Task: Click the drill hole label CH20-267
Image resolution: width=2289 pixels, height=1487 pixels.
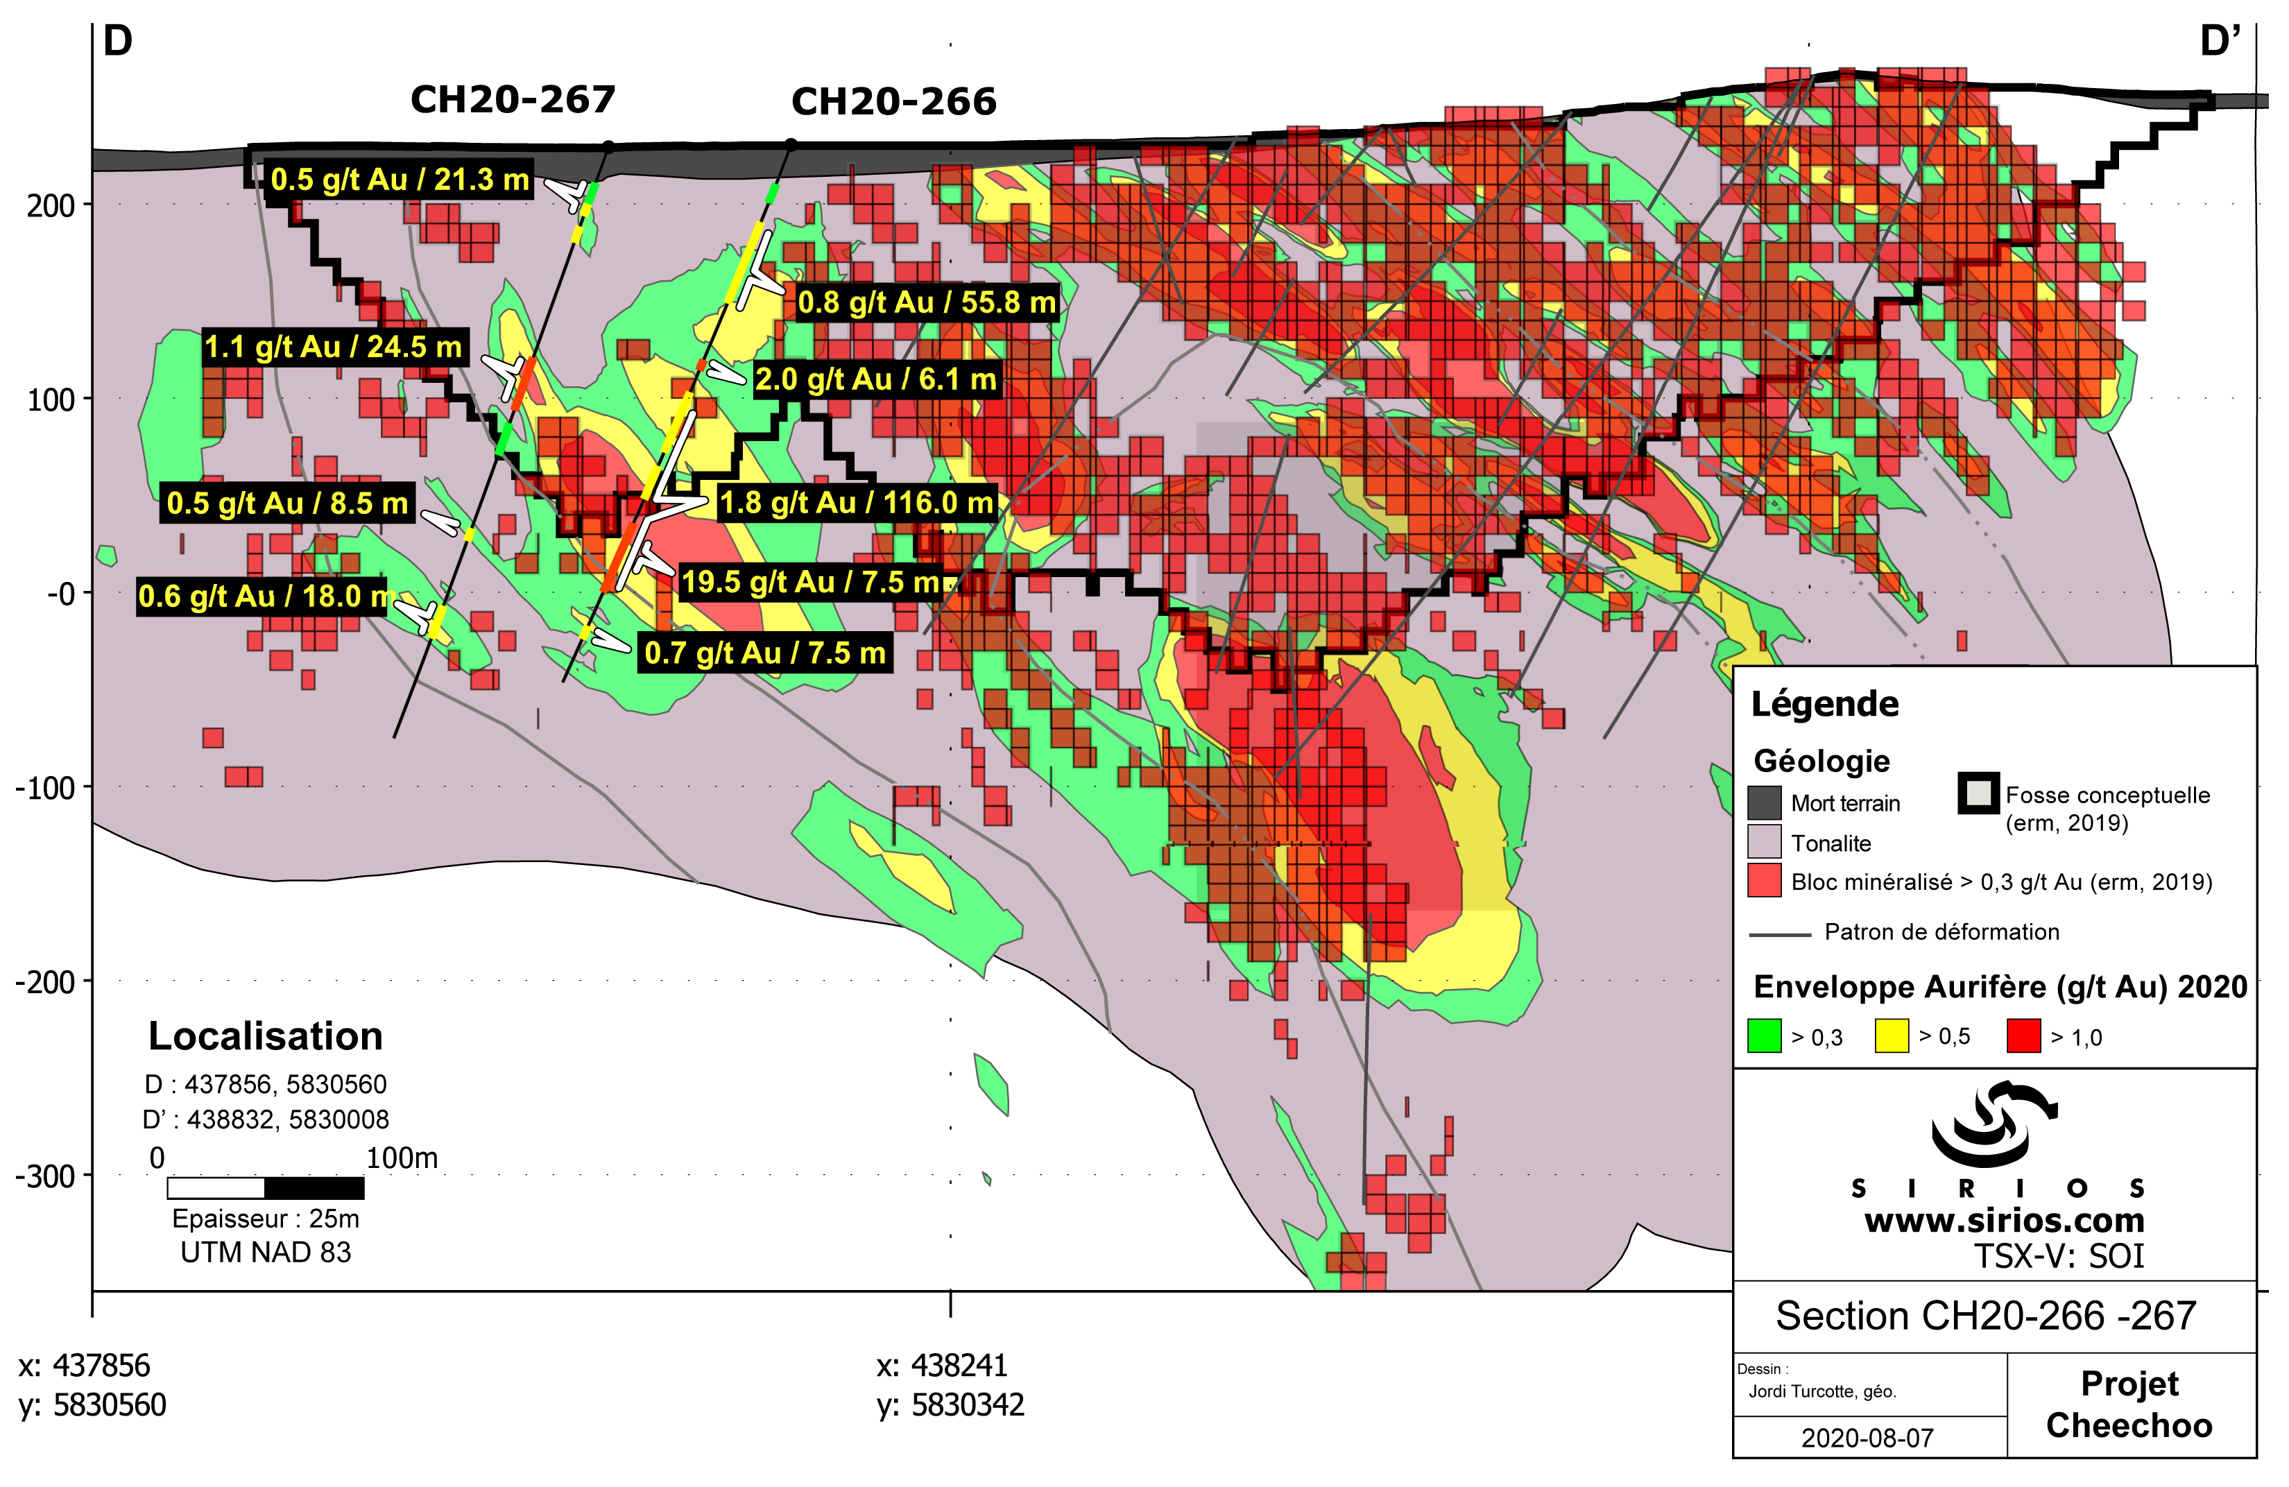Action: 513,100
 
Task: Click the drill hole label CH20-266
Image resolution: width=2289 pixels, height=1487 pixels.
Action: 893,102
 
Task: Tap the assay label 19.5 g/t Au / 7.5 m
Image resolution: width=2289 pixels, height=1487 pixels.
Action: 809,582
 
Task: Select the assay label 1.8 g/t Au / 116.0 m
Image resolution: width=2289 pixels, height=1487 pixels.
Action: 855,502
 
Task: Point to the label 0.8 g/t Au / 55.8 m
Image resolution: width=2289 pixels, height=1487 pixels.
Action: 926,302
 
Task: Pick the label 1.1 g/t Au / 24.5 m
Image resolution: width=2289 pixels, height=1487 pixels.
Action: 333,346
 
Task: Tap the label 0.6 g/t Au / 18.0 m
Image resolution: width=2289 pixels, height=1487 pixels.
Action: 263,596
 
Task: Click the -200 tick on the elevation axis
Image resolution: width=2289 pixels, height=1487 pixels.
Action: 45,982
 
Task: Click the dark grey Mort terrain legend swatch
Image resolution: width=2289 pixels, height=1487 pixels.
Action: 1764,802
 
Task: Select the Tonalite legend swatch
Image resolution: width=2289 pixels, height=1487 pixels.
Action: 1764,841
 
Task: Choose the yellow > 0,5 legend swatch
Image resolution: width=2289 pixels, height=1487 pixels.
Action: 1891,1036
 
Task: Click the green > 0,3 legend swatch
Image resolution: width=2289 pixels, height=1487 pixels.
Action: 1764,1036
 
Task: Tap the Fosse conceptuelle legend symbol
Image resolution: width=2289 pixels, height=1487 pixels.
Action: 1978,793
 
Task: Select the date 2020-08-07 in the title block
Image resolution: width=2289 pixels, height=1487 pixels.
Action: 1866,1437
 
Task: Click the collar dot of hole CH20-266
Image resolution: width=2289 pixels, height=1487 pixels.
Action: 791,144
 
